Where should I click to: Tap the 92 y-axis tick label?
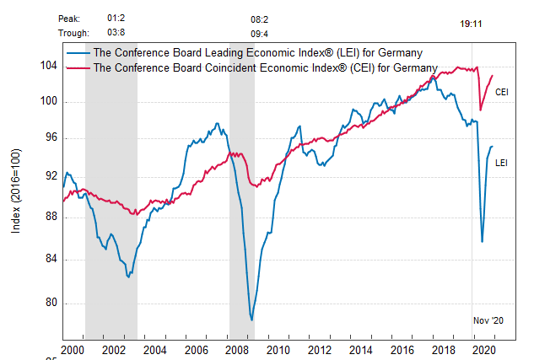tap(50, 176)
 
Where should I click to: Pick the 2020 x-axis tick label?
tap(483, 349)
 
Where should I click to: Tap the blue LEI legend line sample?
tap(78, 52)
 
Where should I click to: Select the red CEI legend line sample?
tap(78, 67)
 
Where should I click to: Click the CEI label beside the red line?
tap(501, 92)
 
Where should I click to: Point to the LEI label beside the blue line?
tap(501, 162)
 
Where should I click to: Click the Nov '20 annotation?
tap(488, 320)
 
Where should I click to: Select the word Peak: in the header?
tap(70, 18)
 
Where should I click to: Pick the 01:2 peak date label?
tap(116, 18)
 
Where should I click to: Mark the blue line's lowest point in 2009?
tap(251, 320)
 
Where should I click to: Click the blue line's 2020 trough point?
tap(482, 242)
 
